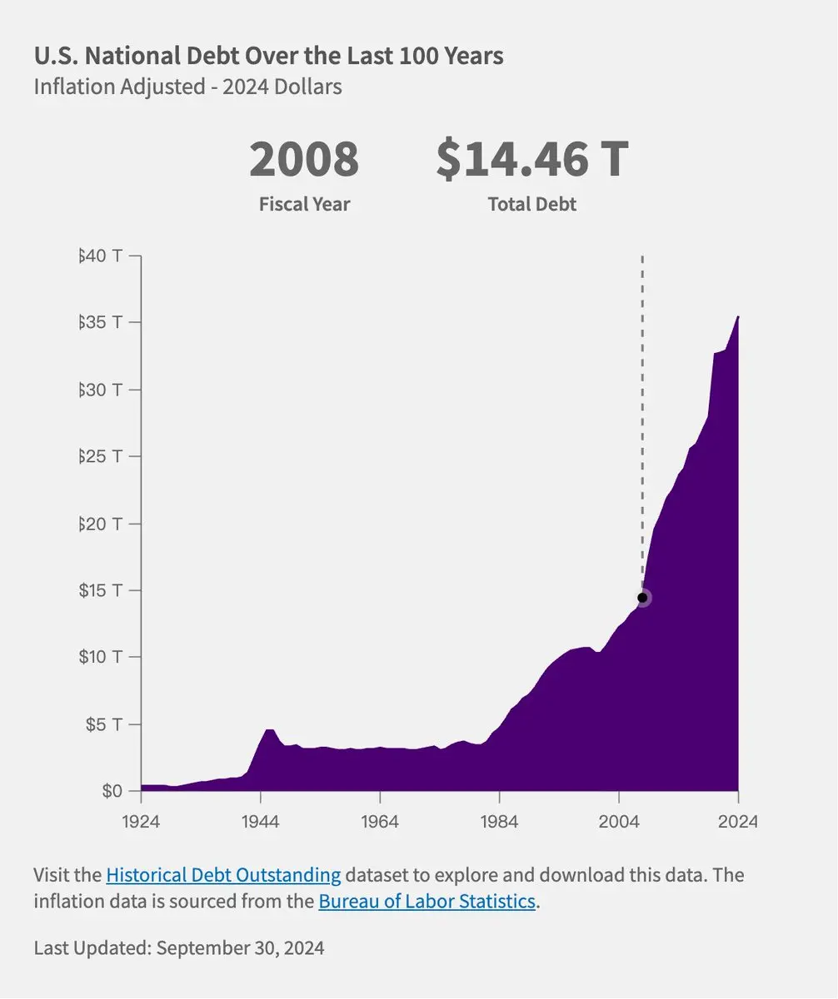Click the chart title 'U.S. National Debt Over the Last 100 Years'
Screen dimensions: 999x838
[268, 57]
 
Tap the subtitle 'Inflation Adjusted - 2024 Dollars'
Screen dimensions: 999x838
[187, 87]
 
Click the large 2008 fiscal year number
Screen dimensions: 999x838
[304, 160]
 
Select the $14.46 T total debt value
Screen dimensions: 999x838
[532, 160]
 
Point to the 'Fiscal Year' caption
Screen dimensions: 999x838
[304, 204]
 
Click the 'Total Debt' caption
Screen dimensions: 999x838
[532, 204]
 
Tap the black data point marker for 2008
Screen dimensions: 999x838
[642, 598]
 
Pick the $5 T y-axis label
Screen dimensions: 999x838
[103, 724]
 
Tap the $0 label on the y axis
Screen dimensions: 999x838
[112, 791]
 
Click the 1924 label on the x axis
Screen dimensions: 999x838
[141, 821]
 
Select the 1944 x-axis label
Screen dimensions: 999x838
[261, 821]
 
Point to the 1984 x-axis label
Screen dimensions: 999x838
[499, 821]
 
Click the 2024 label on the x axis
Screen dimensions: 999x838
[738, 821]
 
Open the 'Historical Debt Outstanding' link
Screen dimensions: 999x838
[223, 875]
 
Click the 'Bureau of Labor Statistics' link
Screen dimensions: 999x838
[426, 902]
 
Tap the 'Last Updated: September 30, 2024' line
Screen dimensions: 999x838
[179, 947]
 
